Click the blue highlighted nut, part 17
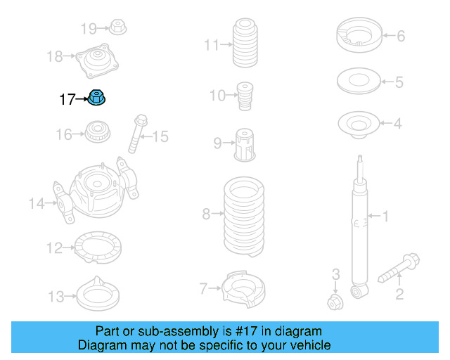click(97, 100)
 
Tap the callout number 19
click(88, 29)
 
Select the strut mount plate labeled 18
click(96, 62)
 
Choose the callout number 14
click(36, 204)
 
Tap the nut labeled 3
click(335, 302)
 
